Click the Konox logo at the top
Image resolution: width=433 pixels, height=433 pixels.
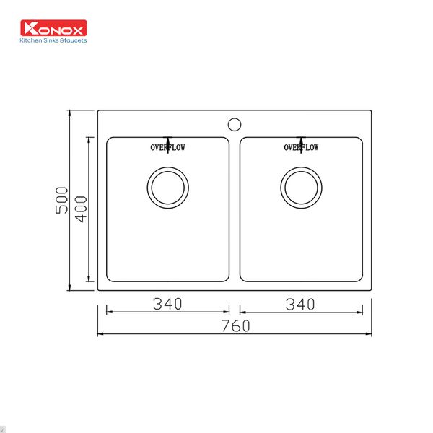point(55,29)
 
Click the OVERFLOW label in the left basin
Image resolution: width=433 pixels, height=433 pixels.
point(167,148)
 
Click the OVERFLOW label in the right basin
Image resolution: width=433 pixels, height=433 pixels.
point(301,148)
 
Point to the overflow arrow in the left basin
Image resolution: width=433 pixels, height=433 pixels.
point(167,141)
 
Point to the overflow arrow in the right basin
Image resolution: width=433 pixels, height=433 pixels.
point(301,141)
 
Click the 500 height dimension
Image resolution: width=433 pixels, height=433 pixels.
point(62,200)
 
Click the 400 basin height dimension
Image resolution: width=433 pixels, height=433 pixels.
point(80,209)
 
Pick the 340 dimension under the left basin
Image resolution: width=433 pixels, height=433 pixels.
point(167,304)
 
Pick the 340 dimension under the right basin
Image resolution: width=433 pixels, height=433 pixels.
point(300,304)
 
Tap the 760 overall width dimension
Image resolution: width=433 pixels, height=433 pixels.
point(235,325)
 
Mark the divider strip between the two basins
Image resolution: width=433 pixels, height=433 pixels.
point(235,209)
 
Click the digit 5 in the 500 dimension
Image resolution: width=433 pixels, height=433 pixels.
point(62,211)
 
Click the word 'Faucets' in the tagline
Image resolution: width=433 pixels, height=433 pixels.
point(74,40)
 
